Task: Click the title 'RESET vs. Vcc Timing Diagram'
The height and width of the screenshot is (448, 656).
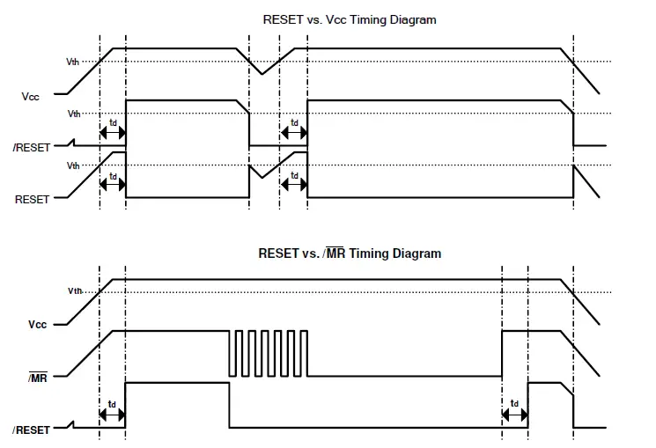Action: click(x=349, y=19)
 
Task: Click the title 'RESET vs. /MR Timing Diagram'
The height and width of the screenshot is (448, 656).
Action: click(x=349, y=253)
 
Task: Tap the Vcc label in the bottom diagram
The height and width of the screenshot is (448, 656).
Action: click(x=36, y=324)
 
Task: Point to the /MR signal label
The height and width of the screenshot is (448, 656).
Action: click(x=36, y=377)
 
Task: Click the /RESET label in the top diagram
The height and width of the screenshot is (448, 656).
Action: click(x=32, y=147)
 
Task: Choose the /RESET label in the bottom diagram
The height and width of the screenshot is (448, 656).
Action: click(x=32, y=430)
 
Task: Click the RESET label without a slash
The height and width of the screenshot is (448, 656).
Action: click(x=33, y=200)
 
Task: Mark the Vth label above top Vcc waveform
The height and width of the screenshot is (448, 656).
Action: click(x=73, y=62)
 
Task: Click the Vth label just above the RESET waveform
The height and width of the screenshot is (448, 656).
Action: click(x=73, y=165)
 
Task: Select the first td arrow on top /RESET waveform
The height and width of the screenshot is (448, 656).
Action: click(x=113, y=133)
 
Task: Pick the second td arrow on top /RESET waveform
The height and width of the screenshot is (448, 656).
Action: click(x=294, y=133)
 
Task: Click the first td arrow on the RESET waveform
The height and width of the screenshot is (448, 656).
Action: click(x=113, y=180)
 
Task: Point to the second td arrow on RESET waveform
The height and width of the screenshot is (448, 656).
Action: click(x=294, y=180)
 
